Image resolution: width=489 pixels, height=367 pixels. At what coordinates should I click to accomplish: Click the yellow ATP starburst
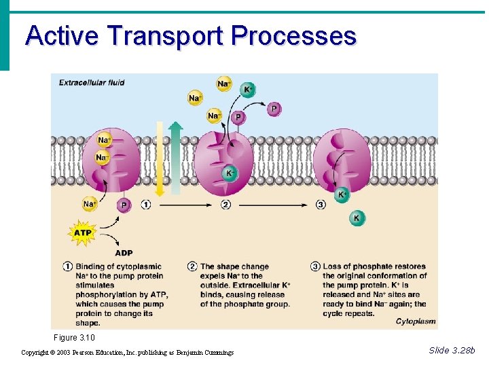pyautogui.click(x=82, y=233)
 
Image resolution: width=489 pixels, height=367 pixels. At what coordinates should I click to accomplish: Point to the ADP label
pyautogui.click(x=124, y=254)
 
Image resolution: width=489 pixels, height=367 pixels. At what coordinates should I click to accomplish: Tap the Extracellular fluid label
pyautogui.click(x=92, y=83)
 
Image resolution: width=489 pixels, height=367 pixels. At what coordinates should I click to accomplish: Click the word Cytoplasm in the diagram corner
pyautogui.click(x=414, y=321)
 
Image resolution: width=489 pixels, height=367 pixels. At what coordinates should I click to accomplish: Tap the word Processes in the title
pyautogui.click(x=293, y=35)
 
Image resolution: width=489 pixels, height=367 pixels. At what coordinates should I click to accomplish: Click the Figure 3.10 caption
pyautogui.click(x=74, y=338)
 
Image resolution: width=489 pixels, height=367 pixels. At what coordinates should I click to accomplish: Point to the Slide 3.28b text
pyautogui.click(x=452, y=350)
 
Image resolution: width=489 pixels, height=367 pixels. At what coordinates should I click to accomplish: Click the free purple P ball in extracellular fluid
pyautogui.click(x=274, y=109)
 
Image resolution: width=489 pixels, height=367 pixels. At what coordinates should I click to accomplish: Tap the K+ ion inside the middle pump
pyautogui.click(x=230, y=174)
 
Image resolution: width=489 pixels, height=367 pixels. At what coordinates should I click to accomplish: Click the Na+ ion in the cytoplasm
pyautogui.click(x=90, y=204)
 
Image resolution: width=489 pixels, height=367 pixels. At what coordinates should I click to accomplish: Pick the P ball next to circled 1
pyautogui.click(x=124, y=205)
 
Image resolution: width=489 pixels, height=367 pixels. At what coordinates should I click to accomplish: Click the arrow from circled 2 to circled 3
pyautogui.click(x=273, y=205)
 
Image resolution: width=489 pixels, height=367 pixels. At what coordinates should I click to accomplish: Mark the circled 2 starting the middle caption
pyautogui.click(x=193, y=266)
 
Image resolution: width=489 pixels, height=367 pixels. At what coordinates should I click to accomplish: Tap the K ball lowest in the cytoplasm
pyautogui.click(x=357, y=218)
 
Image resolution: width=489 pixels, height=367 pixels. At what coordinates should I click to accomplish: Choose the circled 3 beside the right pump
pyautogui.click(x=321, y=205)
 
